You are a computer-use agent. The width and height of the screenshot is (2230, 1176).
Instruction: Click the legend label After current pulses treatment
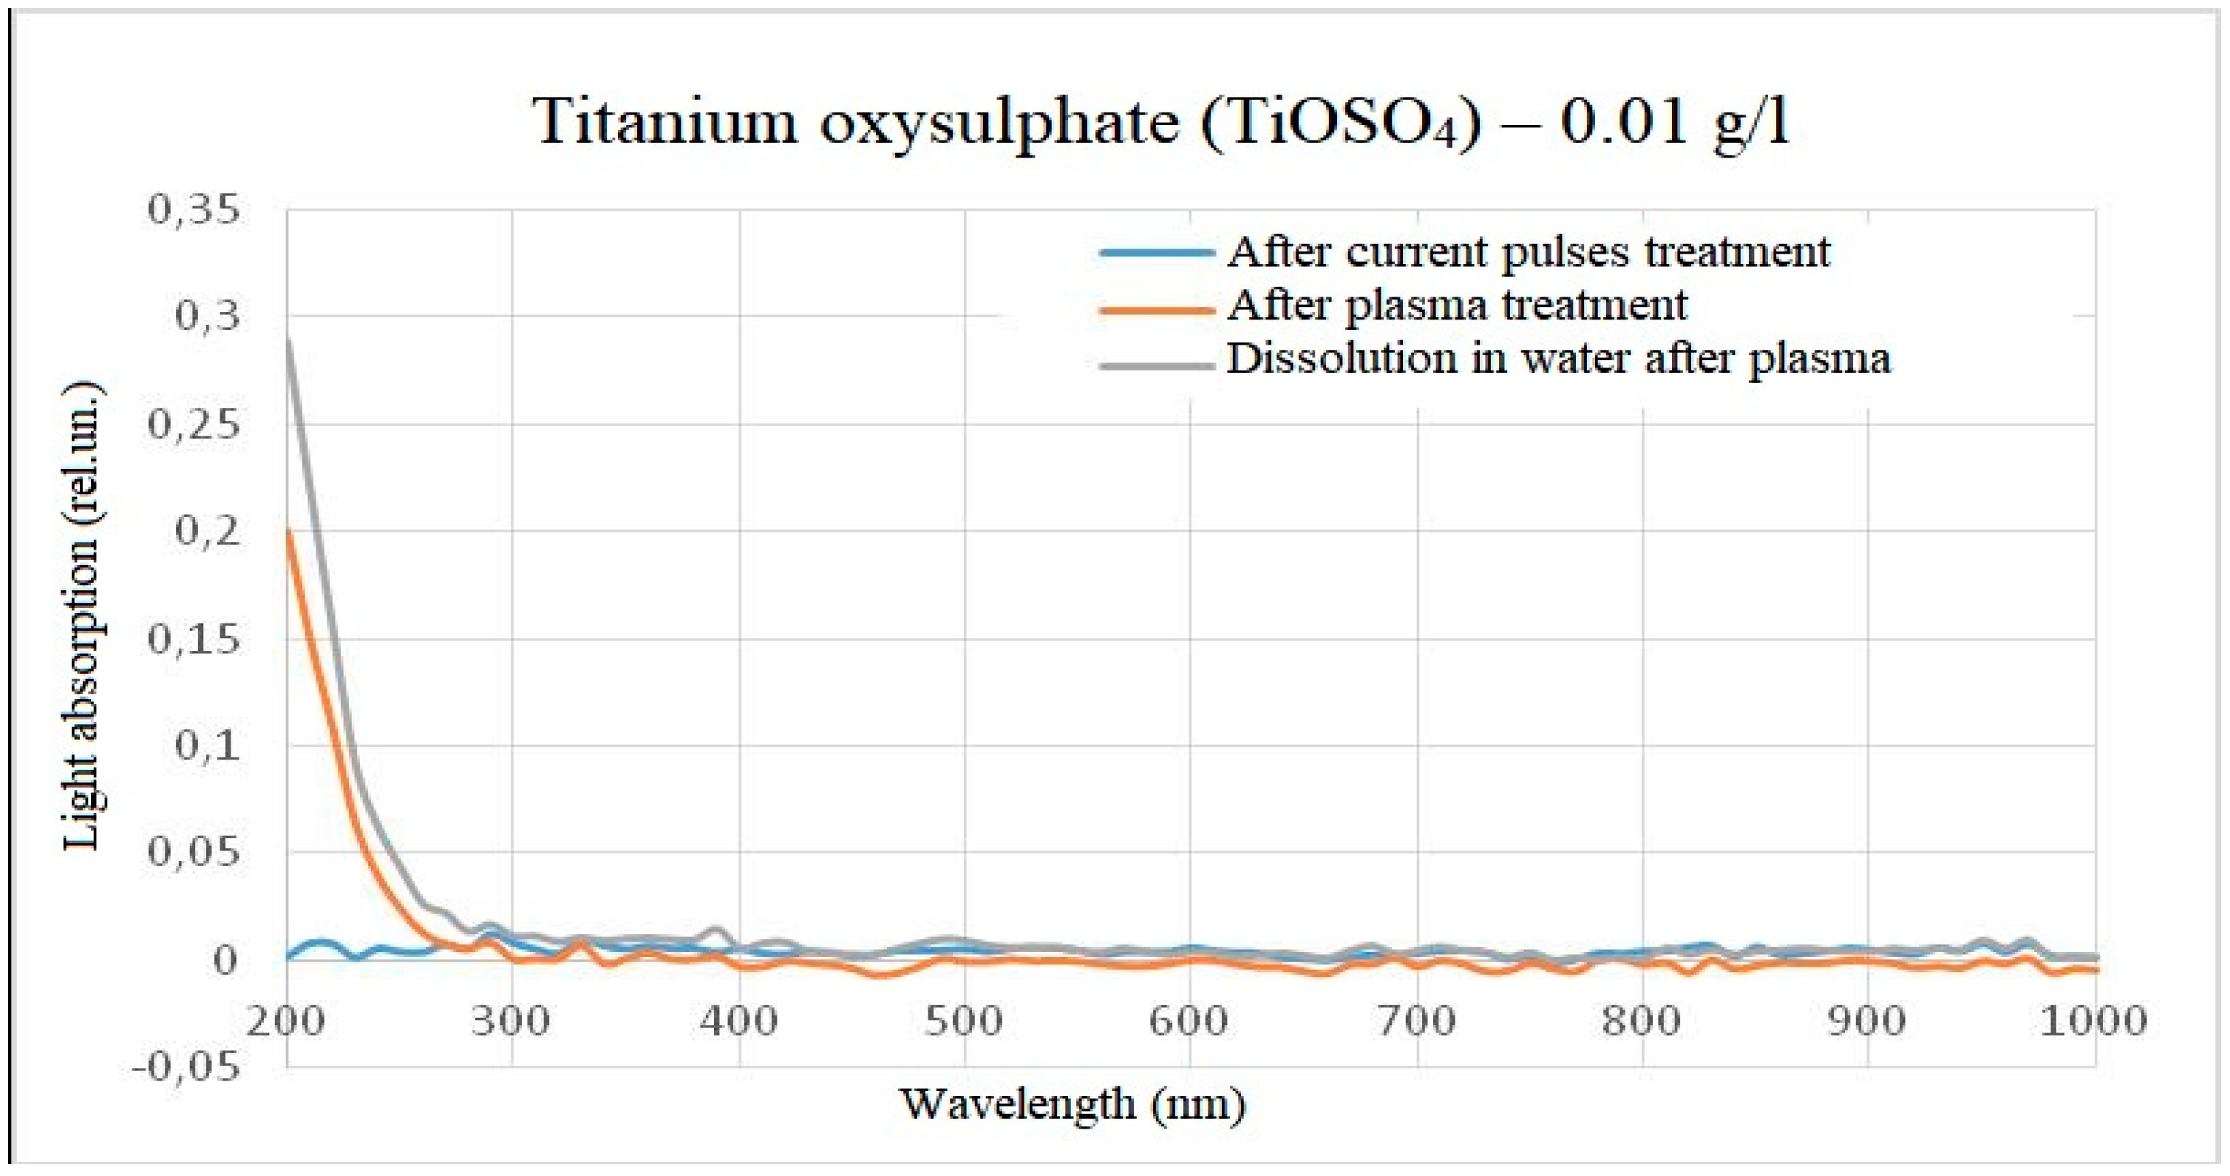point(1529,252)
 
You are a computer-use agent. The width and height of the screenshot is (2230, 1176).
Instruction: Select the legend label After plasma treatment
point(1457,305)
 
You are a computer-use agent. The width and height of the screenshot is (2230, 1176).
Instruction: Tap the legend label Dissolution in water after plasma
point(1558,359)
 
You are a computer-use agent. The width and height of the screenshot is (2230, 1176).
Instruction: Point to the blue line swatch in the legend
point(1157,253)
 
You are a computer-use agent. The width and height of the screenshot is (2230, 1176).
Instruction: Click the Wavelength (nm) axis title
point(1073,1104)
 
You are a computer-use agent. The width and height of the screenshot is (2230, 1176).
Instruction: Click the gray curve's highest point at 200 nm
point(288,339)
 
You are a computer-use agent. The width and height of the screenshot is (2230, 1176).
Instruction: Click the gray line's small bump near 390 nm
point(717,929)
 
